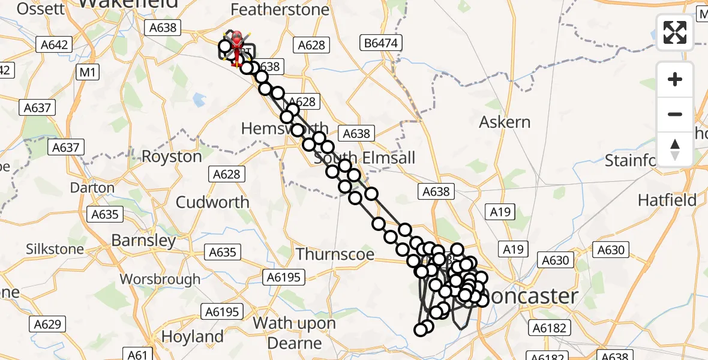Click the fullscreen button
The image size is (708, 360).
[x=675, y=32]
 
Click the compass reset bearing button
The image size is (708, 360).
[x=675, y=149]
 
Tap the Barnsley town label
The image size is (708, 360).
[x=144, y=241]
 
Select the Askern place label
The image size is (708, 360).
[x=505, y=122]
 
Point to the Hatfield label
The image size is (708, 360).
[x=667, y=200]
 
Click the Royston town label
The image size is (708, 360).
[x=172, y=157]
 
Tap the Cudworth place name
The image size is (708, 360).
[x=213, y=202]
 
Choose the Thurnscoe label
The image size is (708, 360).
[x=335, y=254]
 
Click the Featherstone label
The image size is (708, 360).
[x=280, y=10]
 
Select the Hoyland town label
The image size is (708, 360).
[x=193, y=336]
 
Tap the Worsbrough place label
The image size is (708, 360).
[x=160, y=279]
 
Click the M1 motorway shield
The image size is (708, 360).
[x=88, y=73]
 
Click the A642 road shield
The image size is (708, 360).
[x=55, y=44]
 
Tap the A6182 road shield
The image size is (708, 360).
[x=548, y=328]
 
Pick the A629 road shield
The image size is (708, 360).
[x=47, y=325]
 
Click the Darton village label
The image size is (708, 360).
[x=92, y=188]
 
